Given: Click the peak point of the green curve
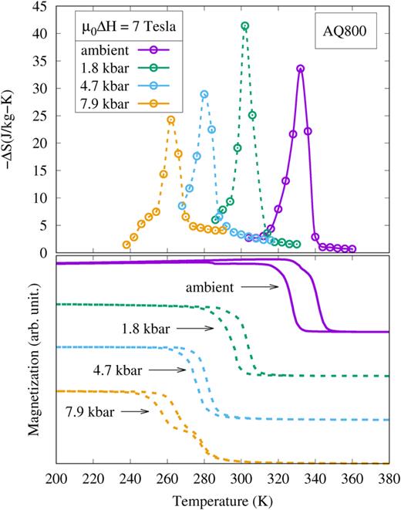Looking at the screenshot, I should (245, 26).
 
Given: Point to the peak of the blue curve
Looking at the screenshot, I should (204, 94).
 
